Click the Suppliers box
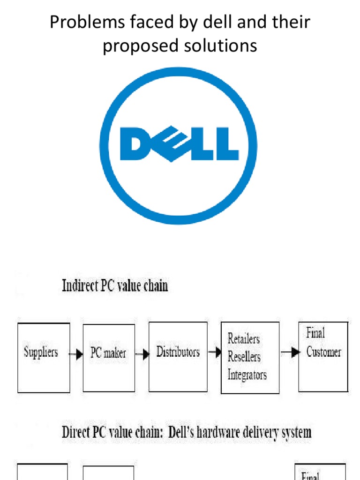(x=44, y=357)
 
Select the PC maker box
(x=108, y=358)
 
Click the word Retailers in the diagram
(x=243, y=338)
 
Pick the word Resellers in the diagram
(x=244, y=356)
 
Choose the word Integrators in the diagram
(x=247, y=375)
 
